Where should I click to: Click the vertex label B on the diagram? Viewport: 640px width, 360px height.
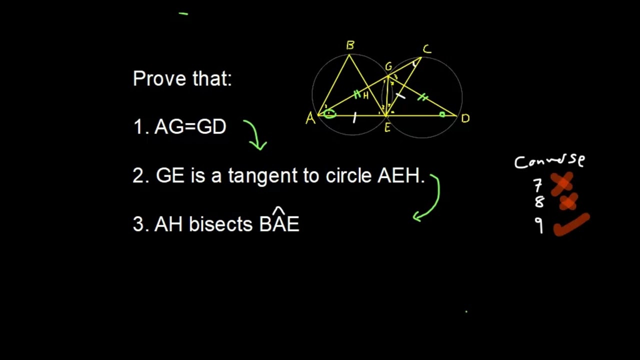pyautogui.click(x=350, y=46)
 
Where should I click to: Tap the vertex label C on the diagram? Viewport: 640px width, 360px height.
pyautogui.click(x=426, y=49)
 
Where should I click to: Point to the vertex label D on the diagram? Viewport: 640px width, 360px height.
pyautogui.click(x=465, y=119)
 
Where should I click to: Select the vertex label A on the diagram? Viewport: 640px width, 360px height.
pyautogui.click(x=310, y=119)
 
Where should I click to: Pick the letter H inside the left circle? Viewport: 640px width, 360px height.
pyautogui.click(x=366, y=96)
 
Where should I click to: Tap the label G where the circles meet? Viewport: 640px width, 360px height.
pyautogui.click(x=388, y=67)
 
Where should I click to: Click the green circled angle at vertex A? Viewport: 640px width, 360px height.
pyautogui.click(x=329, y=114)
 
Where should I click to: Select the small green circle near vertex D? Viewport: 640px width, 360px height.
pyautogui.click(x=442, y=114)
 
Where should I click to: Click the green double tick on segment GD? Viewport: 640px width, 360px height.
pyautogui.click(x=423, y=98)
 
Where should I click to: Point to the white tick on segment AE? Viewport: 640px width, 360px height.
pyautogui.click(x=354, y=118)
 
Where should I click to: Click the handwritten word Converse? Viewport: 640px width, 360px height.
pyautogui.click(x=549, y=161)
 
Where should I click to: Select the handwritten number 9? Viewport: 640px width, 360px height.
pyautogui.click(x=538, y=226)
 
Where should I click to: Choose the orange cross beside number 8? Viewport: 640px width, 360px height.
pyautogui.click(x=568, y=202)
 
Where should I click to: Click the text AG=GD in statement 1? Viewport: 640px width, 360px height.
pyautogui.click(x=190, y=127)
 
